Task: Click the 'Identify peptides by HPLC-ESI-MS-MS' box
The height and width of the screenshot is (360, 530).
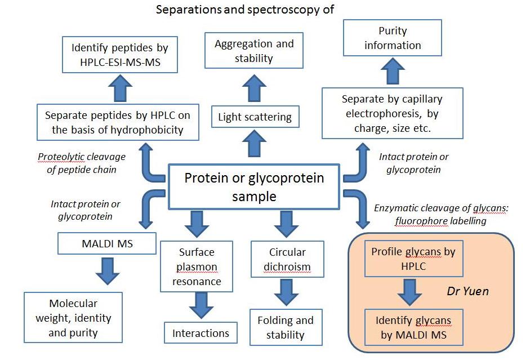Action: [x=120, y=55]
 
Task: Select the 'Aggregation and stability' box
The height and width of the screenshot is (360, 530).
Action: [x=254, y=51]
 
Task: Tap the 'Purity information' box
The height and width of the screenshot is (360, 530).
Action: [x=393, y=38]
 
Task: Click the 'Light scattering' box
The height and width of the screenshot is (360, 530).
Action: [x=255, y=117]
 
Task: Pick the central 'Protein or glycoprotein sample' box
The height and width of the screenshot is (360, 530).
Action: [x=254, y=186]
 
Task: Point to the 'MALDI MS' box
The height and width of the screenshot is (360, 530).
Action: [x=107, y=243]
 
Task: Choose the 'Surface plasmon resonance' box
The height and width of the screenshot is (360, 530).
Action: [x=197, y=266]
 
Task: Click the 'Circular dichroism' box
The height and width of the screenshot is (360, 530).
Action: [x=287, y=259]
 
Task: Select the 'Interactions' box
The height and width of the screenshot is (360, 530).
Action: [x=201, y=333]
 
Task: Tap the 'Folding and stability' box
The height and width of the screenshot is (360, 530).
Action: [x=286, y=327]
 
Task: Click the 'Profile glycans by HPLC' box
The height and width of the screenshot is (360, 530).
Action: [x=413, y=259]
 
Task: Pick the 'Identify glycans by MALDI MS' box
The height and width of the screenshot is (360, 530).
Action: [x=413, y=327]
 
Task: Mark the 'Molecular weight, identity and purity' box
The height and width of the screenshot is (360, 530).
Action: [x=73, y=317]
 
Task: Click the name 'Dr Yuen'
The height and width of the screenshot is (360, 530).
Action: [x=468, y=291]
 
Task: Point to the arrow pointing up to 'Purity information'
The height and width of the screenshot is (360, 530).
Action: [x=393, y=71]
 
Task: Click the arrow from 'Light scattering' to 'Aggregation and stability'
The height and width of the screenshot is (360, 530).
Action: [x=255, y=88]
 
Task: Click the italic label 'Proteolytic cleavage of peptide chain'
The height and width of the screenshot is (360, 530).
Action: [x=82, y=163]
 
